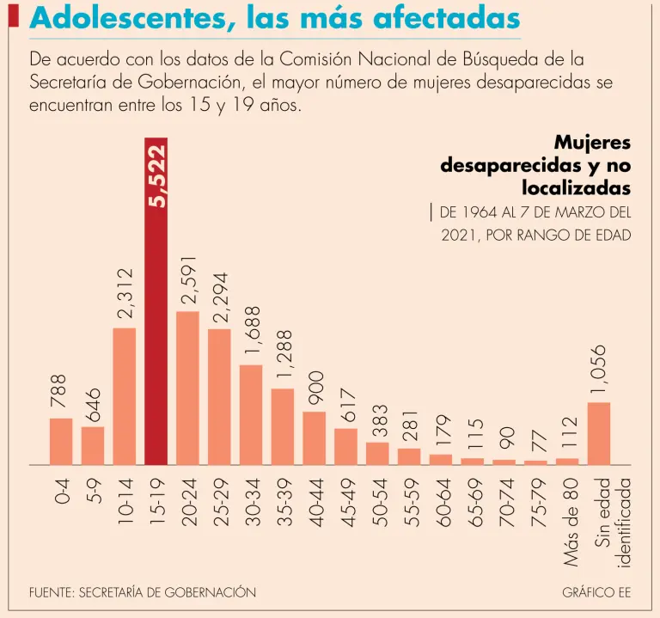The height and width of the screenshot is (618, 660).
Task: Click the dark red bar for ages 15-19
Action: [156, 344]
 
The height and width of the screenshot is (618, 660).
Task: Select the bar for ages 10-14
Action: [124, 395]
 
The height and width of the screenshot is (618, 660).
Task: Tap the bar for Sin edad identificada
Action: [599, 433]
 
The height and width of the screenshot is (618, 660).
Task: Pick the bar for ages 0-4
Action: [61, 441]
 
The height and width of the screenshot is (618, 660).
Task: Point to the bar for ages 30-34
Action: [251, 414]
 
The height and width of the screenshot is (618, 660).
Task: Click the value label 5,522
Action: [157, 176]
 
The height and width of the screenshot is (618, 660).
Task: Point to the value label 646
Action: [93, 403]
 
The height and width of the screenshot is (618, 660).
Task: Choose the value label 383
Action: [378, 420]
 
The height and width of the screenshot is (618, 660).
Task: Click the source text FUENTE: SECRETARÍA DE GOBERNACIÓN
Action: [142, 593]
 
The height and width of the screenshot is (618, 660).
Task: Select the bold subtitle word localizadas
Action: [576, 186]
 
